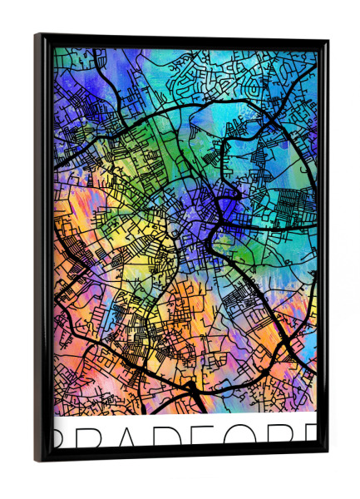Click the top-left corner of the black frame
(x=37, y=36)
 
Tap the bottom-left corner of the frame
(x=38, y=459)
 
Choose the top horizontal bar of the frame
(x=183, y=39)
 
